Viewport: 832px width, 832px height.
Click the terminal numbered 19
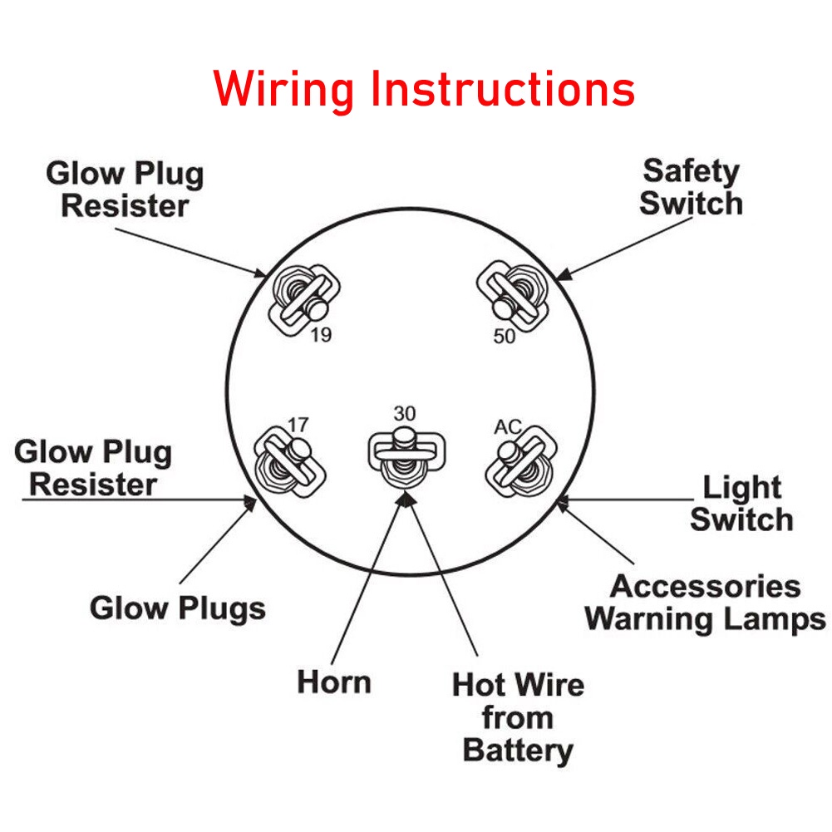pyautogui.click(x=305, y=298)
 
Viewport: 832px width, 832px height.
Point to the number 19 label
pyautogui.click(x=321, y=336)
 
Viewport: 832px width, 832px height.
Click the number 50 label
pyautogui.click(x=504, y=337)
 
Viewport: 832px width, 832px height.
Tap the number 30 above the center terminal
pyautogui.click(x=405, y=413)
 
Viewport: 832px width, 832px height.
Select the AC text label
pyautogui.click(x=508, y=426)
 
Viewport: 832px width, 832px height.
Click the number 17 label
pyautogui.click(x=298, y=425)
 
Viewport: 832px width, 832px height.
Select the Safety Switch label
pyautogui.click(x=691, y=187)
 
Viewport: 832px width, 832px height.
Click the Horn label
pyautogui.click(x=334, y=682)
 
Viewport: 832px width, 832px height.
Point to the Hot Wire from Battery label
pyautogui.click(x=518, y=717)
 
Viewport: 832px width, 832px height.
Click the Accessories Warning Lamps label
pyautogui.click(x=705, y=603)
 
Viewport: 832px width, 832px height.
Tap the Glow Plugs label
pyautogui.click(x=177, y=608)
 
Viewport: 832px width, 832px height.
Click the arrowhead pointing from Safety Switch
pyautogui.click(x=562, y=275)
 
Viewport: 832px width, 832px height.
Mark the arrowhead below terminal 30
pyautogui.click(x=405, y=497)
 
